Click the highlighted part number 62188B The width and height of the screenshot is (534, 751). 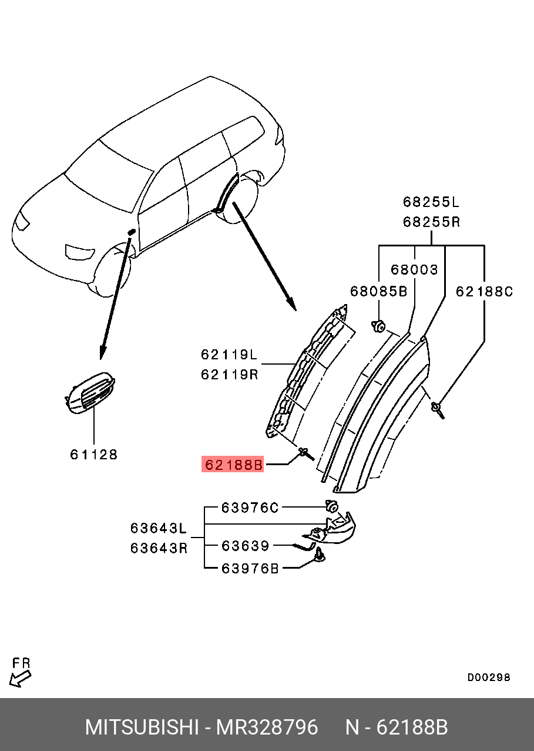point(233,465)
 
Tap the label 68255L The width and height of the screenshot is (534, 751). point(431,202)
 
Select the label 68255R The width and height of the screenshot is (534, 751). point(431,222)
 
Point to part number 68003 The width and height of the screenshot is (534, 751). point(415,270)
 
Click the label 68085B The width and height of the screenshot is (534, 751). point(379,291)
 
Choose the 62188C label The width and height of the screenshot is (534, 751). point(485,291)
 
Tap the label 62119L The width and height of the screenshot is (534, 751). point(229,355)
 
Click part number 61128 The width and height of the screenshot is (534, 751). point(94,455)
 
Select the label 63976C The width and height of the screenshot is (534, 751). point(250,508)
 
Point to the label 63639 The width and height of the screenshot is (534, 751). point(245,546)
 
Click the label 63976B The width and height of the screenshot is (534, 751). point(250,568)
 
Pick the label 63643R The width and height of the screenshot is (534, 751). point(159,548)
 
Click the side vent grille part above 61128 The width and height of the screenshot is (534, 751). point(91,392)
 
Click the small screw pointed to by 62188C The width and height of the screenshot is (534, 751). point(438,408)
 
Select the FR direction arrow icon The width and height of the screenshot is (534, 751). point(21,678)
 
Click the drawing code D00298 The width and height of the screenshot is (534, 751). point(489,677)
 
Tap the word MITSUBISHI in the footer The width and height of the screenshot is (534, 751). point(142,727)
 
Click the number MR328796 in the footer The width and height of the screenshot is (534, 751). point(267,727)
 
